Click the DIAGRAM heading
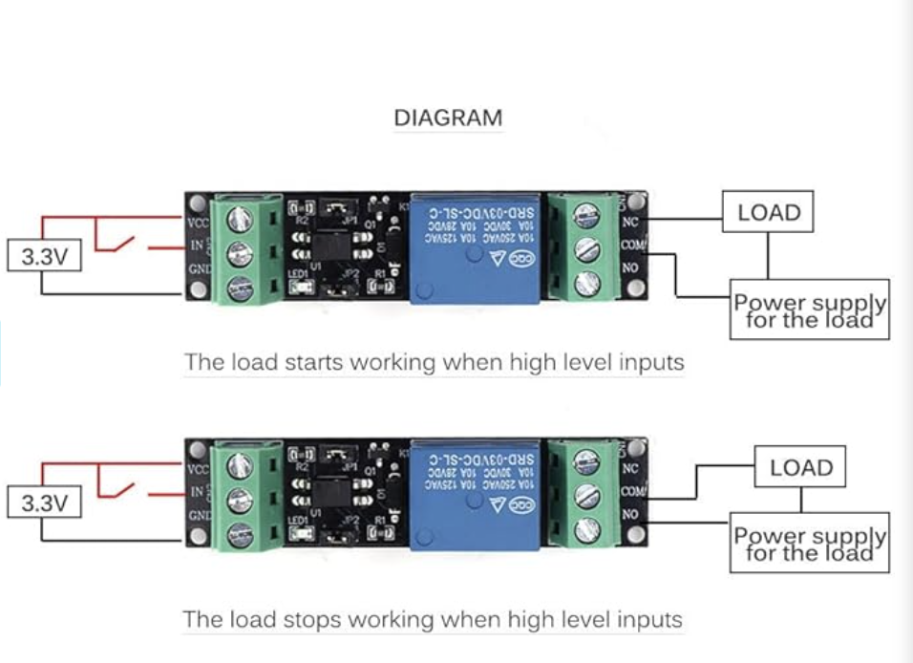pos(448,118)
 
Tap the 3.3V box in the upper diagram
pos(44,257)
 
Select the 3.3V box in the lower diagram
pos(44,503)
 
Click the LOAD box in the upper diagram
pos(769,213)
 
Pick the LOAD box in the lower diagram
pos(800,467)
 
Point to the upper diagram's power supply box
pos(810,310)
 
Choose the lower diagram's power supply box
pos(810,544)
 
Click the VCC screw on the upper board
pos(239,220)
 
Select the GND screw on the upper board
pos(239,286)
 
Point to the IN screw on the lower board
pos(239,500)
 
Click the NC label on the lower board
pos(629,468)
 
